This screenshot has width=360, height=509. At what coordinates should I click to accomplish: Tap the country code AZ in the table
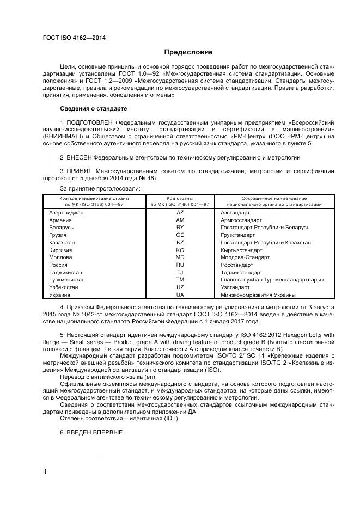click(180, 212)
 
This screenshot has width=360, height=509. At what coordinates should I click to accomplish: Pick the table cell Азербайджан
click(66, 212)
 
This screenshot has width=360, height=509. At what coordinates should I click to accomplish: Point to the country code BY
click(180, 227)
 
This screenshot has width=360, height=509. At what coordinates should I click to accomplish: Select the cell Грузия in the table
click(58, 235)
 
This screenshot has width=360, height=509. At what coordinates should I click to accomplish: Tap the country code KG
click(180, 250)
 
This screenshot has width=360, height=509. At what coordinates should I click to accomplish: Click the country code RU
click(180, 265)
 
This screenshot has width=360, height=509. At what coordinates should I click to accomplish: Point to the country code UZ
click(180, 287)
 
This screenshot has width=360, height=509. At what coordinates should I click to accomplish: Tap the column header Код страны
click(180, 198)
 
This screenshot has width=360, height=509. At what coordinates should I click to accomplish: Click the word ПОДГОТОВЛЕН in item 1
click(90, 123)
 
